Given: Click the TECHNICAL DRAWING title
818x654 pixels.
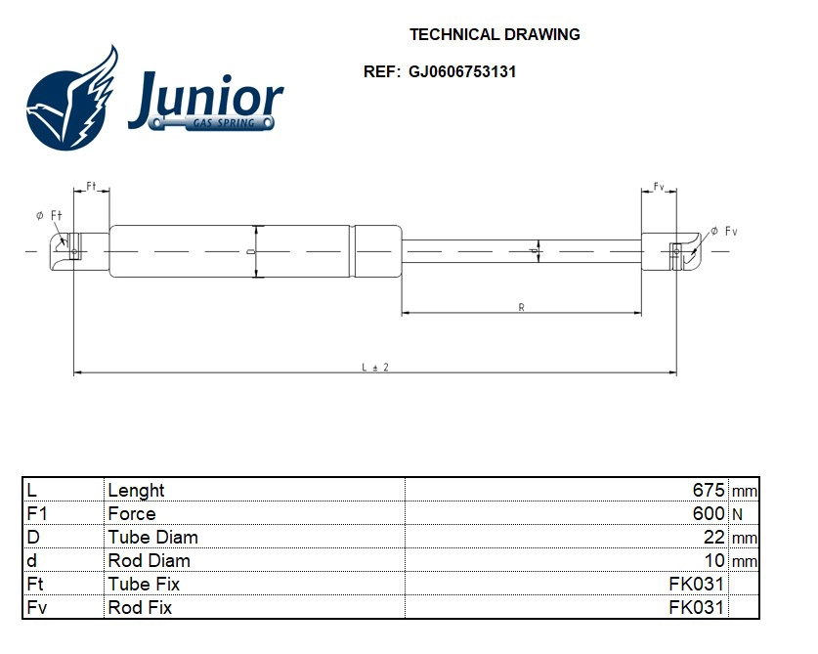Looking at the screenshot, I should (494, 34).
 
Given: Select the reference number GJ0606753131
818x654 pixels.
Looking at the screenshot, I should (455, 71).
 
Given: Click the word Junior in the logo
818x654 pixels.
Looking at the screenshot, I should (205, 99).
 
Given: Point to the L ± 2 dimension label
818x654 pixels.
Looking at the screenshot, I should (374, 367).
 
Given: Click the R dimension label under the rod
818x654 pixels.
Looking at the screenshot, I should (522, 308).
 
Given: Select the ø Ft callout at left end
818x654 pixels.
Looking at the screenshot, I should (49, 215).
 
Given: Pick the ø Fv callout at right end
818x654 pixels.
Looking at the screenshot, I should (723, 231).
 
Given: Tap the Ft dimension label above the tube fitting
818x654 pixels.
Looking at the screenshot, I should (91, 186).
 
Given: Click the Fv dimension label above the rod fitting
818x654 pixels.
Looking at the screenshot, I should (659, 186).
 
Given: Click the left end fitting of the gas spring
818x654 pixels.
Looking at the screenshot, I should (76, 251).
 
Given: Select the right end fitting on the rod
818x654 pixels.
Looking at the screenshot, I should (672, 251).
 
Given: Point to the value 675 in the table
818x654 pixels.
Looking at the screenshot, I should (708, 490).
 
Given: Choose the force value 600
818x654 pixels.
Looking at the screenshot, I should (708, 513).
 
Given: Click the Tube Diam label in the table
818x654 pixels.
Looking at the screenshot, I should (152, 537).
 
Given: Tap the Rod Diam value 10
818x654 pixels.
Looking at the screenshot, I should (714, 560).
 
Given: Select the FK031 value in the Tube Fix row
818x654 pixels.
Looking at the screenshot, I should (696, 584).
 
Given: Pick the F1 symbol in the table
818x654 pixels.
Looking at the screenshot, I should (36, 513).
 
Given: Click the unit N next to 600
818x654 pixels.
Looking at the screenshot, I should (737, 514).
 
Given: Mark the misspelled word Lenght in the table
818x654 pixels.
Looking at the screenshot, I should (136, 490).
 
